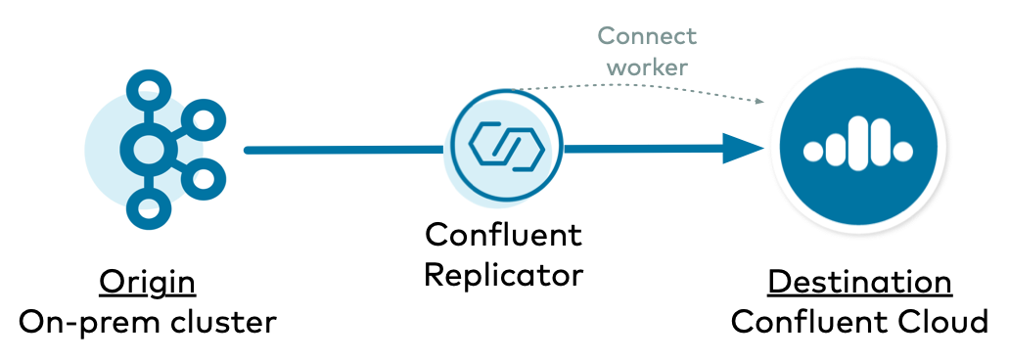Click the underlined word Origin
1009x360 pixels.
click(x=147, y=283)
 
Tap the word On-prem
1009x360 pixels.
click(x=81, y=322)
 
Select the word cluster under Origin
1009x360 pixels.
click(x=221, y=322)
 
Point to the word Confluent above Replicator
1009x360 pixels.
click(x=503, y=236)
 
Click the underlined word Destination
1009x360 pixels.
click(x=859, y=283)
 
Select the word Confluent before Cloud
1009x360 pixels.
click(x=809, y=322)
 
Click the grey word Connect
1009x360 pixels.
click(x=647, y=37)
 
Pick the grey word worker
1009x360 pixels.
click(x=647, y=67)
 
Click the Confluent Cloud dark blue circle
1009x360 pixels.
click(x=857, y=148)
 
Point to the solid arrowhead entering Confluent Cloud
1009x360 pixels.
click(x=746, y=150)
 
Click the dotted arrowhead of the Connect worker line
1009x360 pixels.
click(x=758, y=101)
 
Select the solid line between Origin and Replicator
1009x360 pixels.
click(x=343, y=150)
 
